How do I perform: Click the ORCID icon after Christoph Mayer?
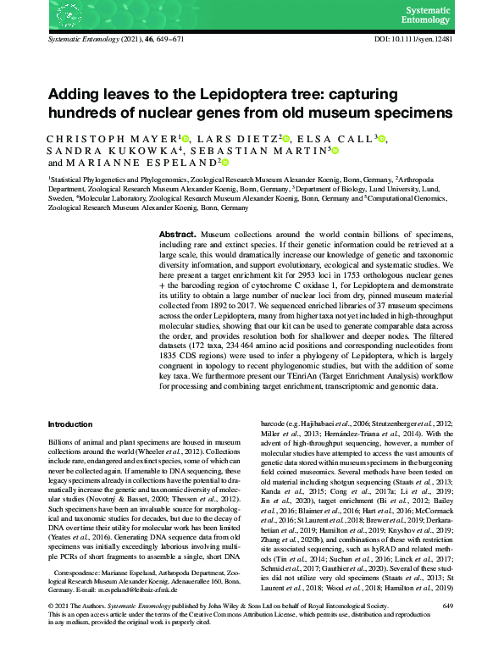click(186, 137)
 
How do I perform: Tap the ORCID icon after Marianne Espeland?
click(224, 163)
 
